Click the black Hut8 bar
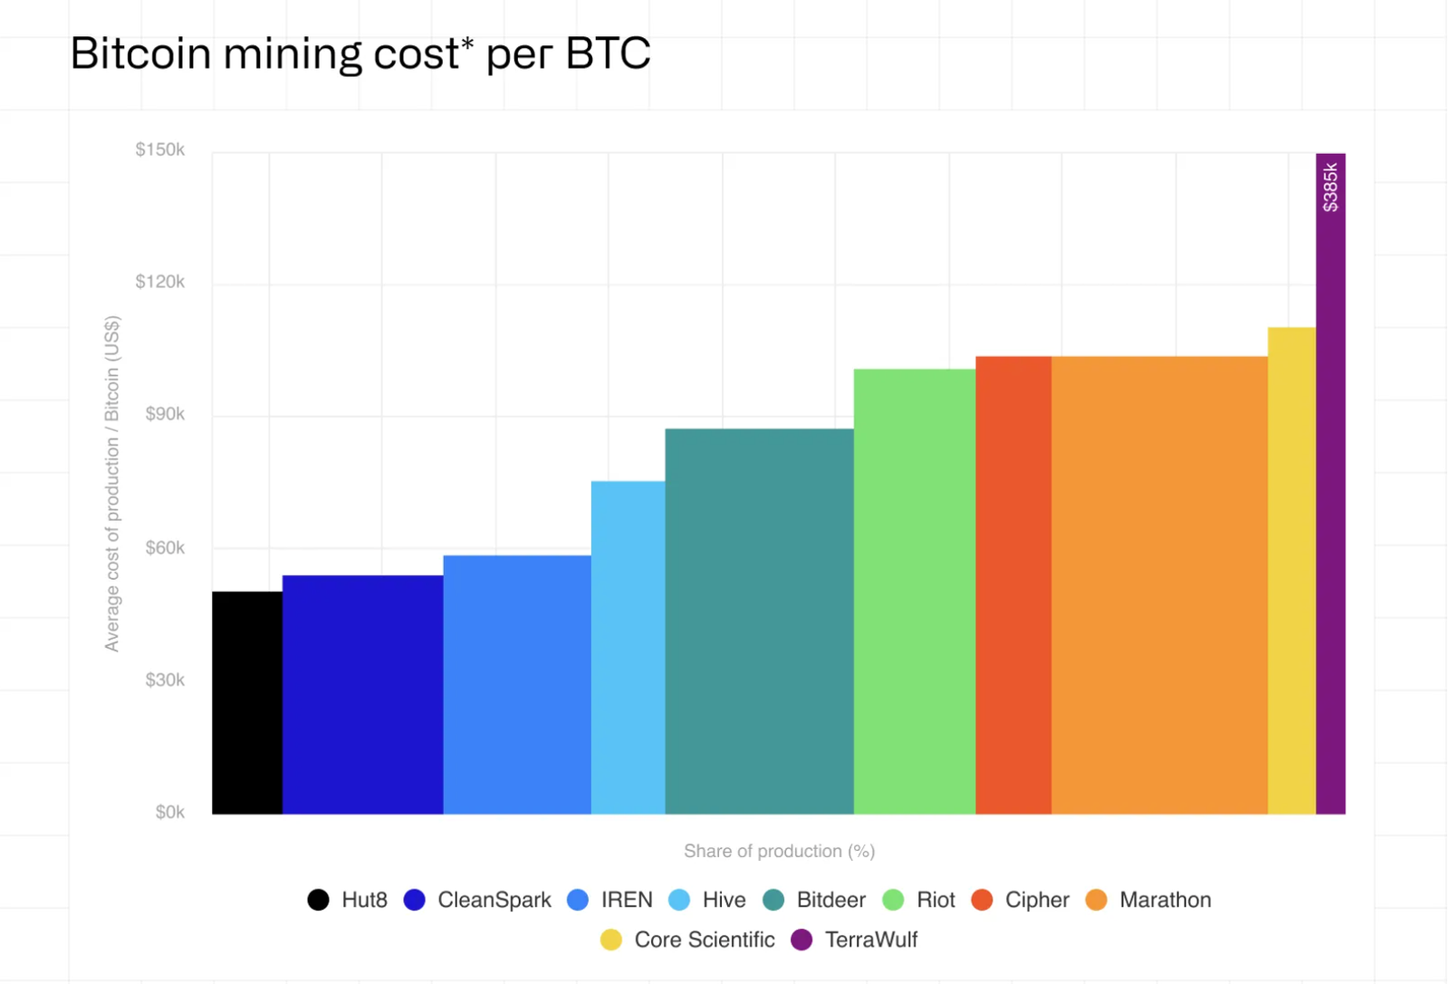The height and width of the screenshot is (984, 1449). click(x=247, y=702)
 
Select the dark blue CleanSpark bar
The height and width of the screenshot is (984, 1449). click(x=362, y=694)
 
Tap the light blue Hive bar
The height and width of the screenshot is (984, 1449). click(x=628, y=647)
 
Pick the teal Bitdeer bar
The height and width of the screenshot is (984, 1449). click(x=759, y=621)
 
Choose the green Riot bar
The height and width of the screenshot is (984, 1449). click(x=914, y=591)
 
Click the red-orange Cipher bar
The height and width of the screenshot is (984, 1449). click(x=1013, y=584)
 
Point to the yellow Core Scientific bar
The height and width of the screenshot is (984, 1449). click(x=1291, y=570)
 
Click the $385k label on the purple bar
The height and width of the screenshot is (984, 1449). click(x=1329, y=187)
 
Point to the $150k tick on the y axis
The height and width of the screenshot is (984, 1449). click(x=160, y=150)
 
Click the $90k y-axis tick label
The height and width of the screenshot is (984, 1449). click(x=165, y=414)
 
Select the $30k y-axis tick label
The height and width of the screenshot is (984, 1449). click(x=165, y=680)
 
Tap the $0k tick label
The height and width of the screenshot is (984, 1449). click(x=169, y=812)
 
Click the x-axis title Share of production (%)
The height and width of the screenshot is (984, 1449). click(x=779, y=851)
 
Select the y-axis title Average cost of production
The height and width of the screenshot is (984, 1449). click(x=111, y=483)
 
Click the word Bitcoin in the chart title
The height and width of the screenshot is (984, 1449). click(x=140, y=53)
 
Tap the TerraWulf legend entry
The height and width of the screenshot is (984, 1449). click(x=870, y=940)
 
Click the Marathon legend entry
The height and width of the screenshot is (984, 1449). click(x=1165, y=900)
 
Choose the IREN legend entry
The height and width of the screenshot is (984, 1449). click(x=626, y=900)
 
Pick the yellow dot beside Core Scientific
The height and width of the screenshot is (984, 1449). click(x=611, y=940)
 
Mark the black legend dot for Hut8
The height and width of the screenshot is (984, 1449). click(x=318, y=900)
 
